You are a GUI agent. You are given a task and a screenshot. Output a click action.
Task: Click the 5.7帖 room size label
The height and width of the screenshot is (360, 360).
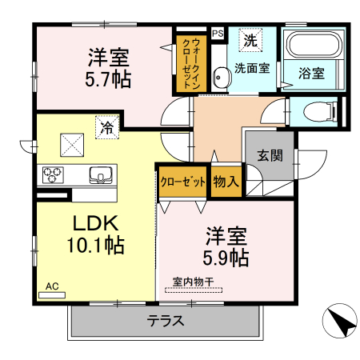[x=110, y=79]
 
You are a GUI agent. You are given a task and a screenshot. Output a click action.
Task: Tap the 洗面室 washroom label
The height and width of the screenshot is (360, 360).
[x=251, y=68]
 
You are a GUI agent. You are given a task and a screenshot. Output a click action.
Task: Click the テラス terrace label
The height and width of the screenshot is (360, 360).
[x=166, y=322]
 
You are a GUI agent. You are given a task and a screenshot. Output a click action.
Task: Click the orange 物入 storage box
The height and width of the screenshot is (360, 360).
[x=226, y=181]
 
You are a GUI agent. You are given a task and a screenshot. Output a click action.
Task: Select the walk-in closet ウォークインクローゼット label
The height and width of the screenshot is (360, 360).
[x=191, y=59]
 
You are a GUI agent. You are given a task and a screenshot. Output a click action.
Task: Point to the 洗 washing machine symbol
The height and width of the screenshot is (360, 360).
[x=250, y=39]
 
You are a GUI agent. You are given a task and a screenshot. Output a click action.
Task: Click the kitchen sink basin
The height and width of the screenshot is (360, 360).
[x=101, y=175]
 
